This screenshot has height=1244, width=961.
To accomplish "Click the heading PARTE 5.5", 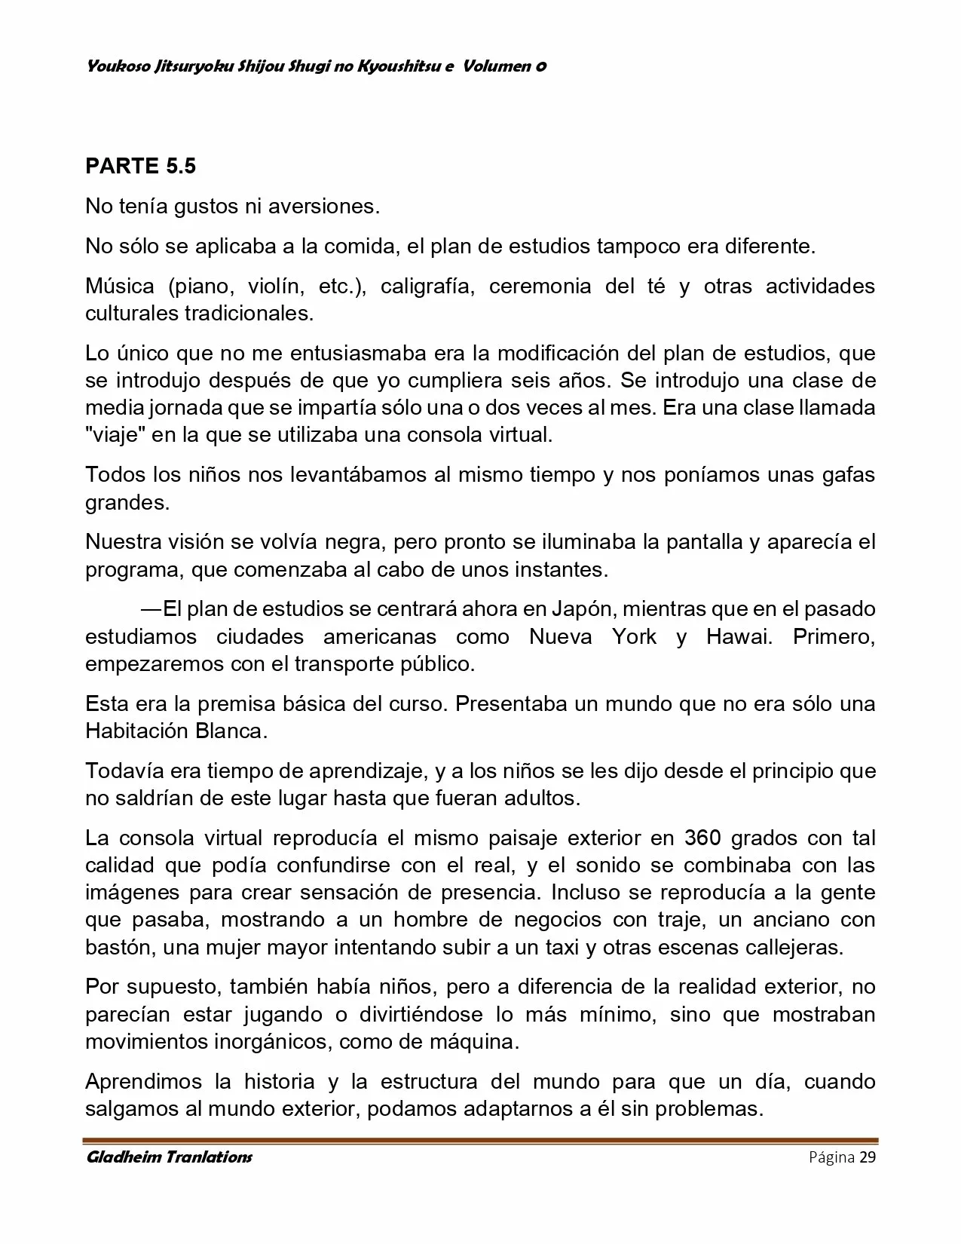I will pos(140,166).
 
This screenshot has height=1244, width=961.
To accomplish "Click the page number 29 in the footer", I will pos(868,1157).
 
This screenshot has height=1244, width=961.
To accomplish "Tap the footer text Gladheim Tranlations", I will pos(169,1157).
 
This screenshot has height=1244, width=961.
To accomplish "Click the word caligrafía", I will pos(427,286).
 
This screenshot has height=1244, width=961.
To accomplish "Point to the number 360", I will pos(705,838).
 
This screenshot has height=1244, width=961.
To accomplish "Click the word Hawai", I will pos(739,636).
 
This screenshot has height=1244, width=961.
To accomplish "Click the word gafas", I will pos(846,475).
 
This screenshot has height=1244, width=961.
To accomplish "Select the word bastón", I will pos(119,947).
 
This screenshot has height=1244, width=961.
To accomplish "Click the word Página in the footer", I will pos(831,1157).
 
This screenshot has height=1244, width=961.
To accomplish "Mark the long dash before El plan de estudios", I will pos(151,608).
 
